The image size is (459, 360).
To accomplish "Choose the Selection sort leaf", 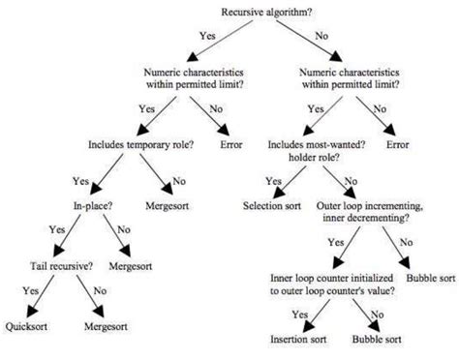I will pos(274,206).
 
